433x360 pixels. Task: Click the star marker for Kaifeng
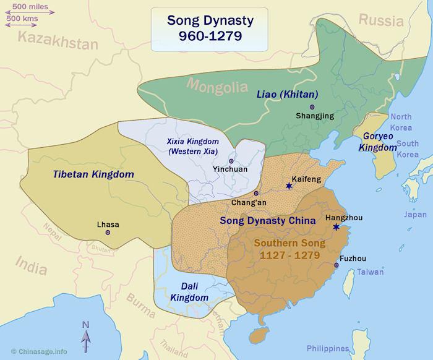(288, 186)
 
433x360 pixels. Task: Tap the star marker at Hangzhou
(336, 227)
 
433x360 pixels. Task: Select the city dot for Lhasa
(108, 233)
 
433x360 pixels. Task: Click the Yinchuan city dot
(231, 161)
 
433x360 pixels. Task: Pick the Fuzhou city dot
(337, 265)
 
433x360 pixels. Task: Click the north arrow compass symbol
(85, 337)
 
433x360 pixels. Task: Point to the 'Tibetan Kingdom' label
(94, 174)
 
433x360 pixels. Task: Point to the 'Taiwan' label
(370, 272)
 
